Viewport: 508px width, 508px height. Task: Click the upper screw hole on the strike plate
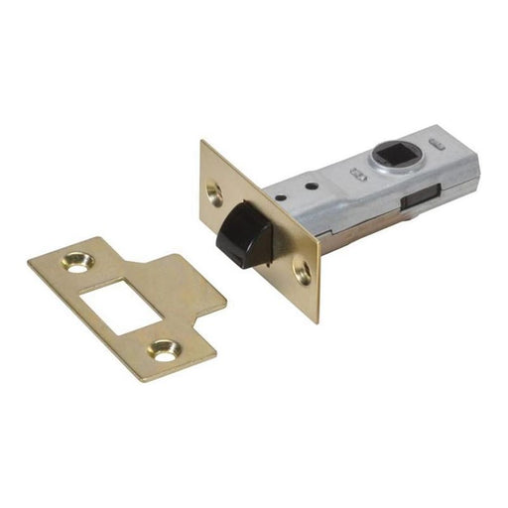(x=76, y=262)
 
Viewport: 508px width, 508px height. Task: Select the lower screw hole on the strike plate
(x=163, y=348)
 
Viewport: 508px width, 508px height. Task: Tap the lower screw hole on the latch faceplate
(x=303, y=269)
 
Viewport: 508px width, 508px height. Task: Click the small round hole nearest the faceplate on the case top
(x=309, y=185)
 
